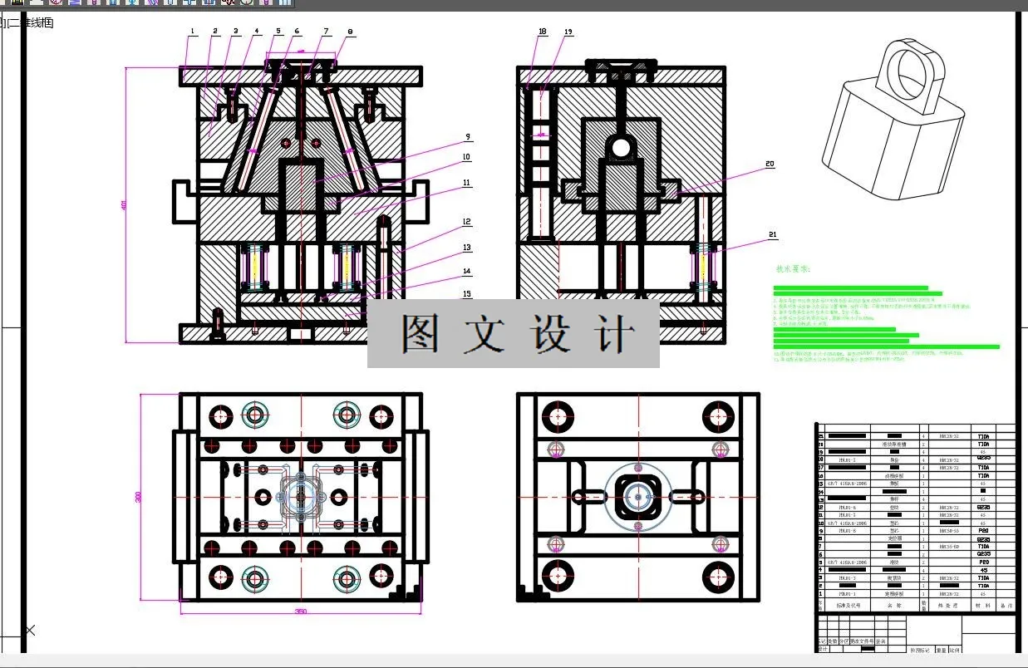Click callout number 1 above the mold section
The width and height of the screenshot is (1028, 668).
pos(192,32)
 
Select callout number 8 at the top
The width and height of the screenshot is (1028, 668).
pos(350,32)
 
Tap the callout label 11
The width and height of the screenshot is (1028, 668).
pos(467,183)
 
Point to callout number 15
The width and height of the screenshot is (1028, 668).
pos(467,294)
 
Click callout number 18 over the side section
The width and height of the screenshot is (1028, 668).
pos(543,32)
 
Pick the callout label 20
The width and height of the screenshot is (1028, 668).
pos(770,165)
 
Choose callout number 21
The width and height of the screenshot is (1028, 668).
pos(773,235)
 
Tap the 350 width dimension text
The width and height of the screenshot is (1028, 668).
pos(301,612)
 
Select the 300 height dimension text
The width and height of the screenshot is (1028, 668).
pos(139,497)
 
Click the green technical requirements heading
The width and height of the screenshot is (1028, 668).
pos(792,269)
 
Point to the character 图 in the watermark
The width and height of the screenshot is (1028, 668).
pos(421,334)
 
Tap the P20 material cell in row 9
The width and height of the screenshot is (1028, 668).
pos(983,531)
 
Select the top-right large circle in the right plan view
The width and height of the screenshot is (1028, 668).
pos(717,416)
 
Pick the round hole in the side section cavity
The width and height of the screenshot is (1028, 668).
pos(621,148)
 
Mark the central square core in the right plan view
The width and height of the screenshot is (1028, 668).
pos(637,497)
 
